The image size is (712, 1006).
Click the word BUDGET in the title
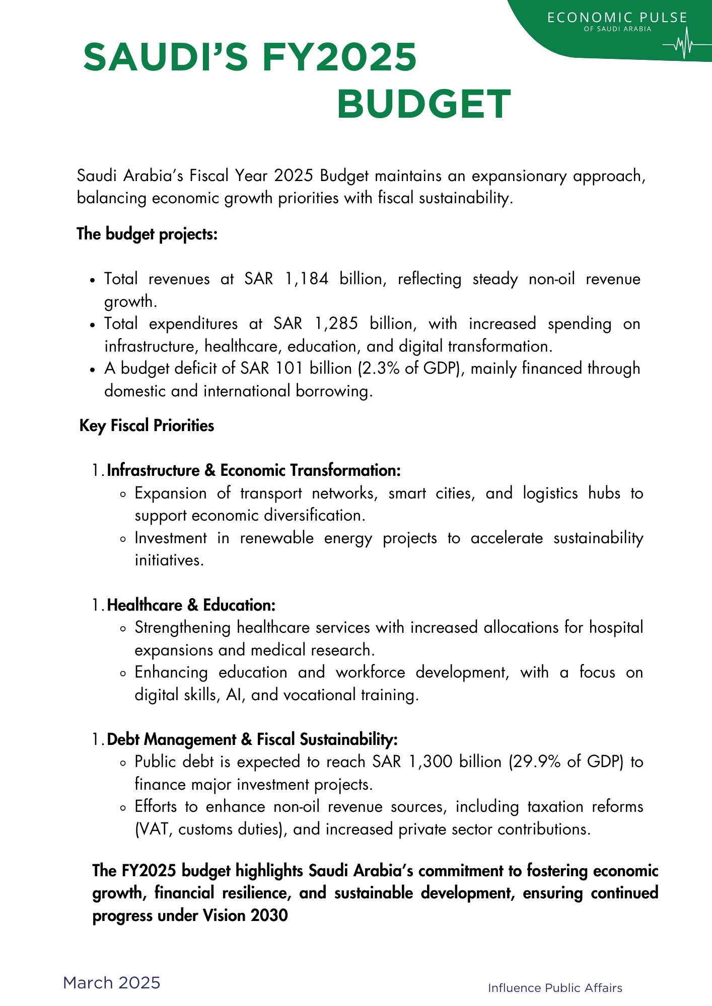[x=423, y=105]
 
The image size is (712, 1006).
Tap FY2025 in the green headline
[x=339, y=57]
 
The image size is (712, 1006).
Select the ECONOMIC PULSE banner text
[x=617, y=18]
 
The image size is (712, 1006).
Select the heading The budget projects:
[x=147, y=234]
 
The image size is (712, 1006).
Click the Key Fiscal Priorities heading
[x=147, y=426]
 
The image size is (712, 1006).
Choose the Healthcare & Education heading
[x=191, y=605]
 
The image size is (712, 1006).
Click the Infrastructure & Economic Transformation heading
[x=254, y=471]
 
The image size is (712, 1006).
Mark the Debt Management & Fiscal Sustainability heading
[x=253, y=739]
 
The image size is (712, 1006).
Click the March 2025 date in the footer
[x=111, y=982]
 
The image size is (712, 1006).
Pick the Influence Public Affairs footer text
[x=555, y=988]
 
